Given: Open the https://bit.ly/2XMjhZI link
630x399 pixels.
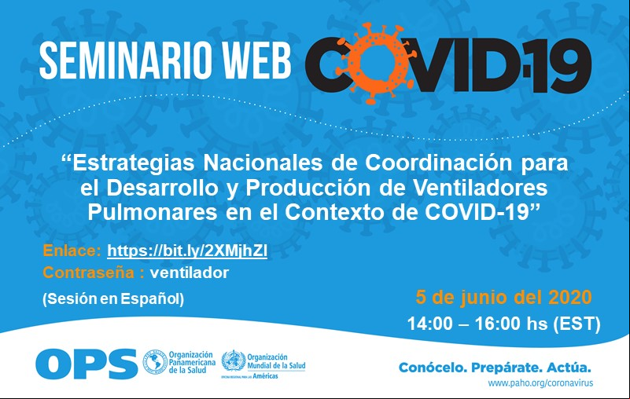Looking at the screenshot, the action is [x=187, y=251].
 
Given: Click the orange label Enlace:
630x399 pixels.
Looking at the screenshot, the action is [x=72, y=251].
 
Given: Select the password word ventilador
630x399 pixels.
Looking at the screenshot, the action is [x=190, y=273].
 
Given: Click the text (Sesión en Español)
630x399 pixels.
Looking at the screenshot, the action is [x=113, y=299].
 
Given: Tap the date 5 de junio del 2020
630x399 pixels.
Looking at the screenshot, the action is [x=504, y=298].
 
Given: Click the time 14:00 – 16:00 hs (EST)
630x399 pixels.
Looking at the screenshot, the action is [x=504, y=324].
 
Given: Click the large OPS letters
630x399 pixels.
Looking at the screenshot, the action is [x=87, y=364].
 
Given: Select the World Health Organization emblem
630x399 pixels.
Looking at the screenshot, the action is [x=234, y=361].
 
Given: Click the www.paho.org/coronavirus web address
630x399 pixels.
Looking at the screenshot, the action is [x=540, y=383].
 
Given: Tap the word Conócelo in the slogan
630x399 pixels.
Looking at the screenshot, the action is [x=432, y=368].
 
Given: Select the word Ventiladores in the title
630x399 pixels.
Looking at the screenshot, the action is [x=481, y=188].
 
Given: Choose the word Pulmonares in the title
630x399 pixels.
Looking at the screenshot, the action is [x=153, y=213].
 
